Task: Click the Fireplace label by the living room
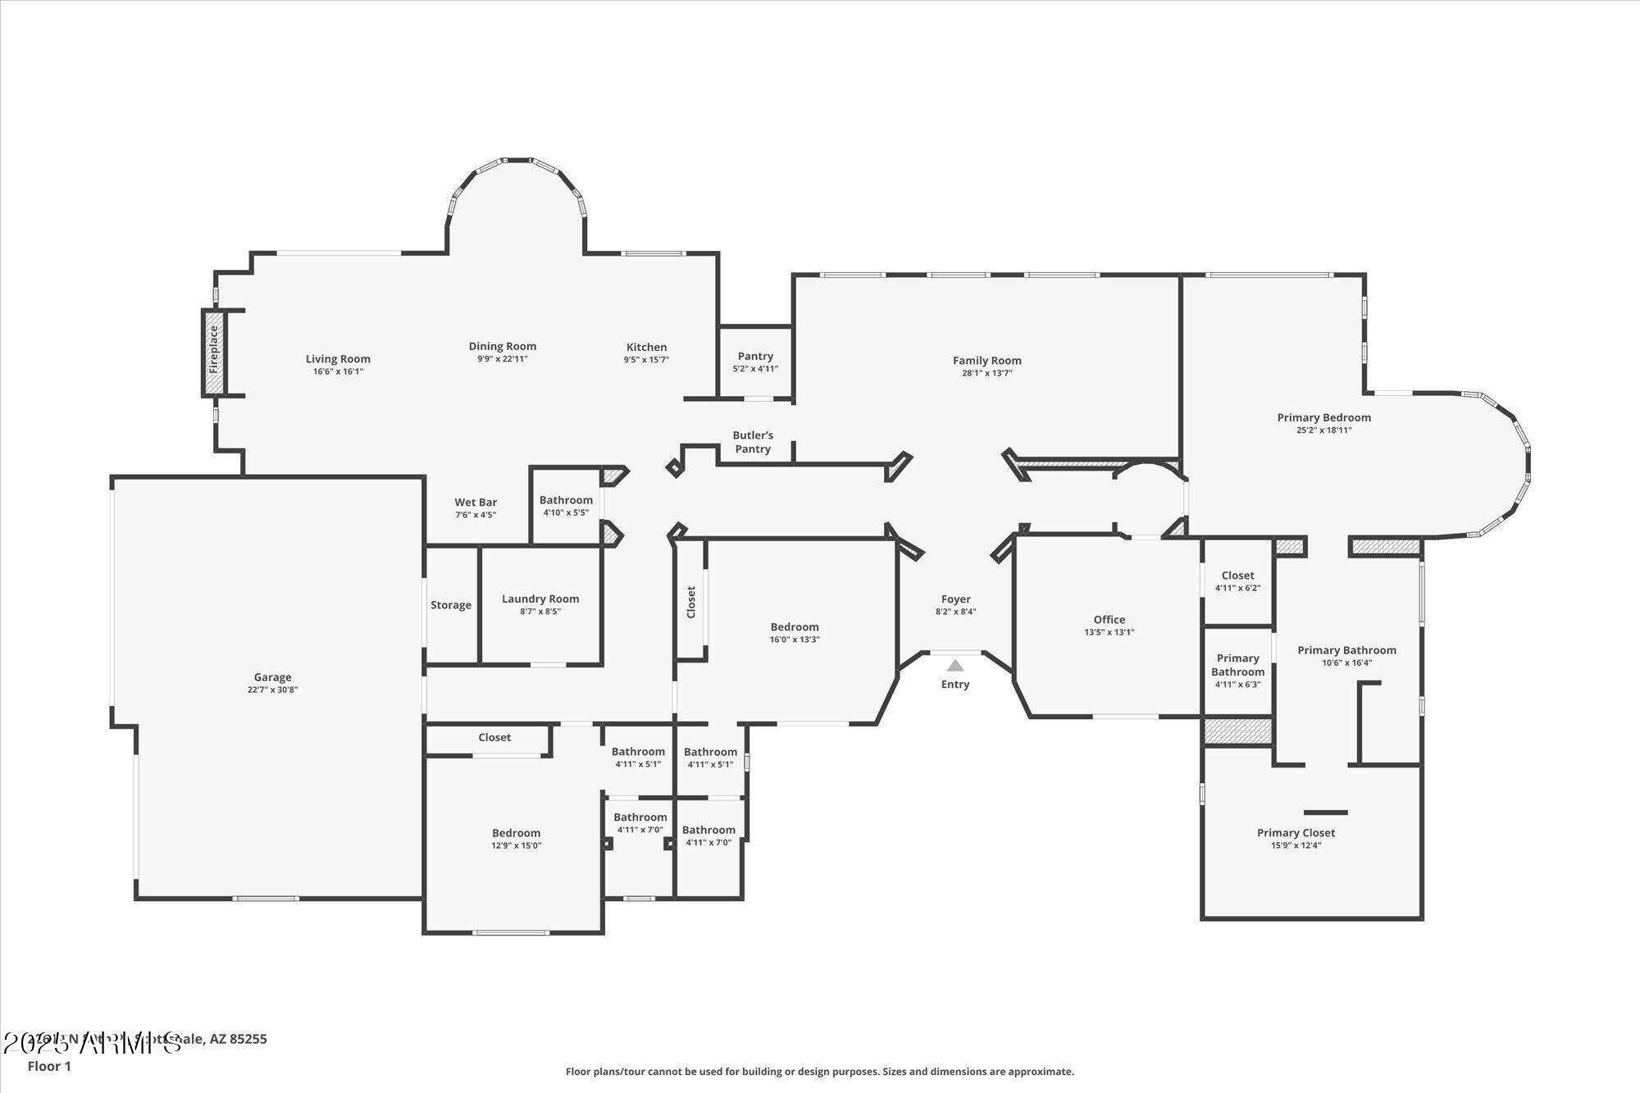click(x=214, y=350)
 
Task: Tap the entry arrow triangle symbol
click(x=955, y=666)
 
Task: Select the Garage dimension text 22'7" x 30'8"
click(x=272, y=690)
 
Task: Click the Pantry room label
click(x=755, y=356)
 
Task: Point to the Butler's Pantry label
click(x=753, y=442)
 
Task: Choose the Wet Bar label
click(x=476, y=503)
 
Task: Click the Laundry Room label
click(x=540, y=599)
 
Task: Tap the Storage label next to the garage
click(x=451, y=605)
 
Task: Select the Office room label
click(x=1109, y=620)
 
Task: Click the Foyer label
click(x=955, y=599)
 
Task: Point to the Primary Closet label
click(x=1296, y=833)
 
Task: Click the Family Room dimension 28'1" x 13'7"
click(x=986, y=373)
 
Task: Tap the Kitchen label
click(x=646, y=347)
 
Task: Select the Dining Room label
click(x=502, y=346)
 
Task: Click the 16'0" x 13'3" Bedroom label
click(x=794, y=627)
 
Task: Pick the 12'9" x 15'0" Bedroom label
click(x=516, y=833)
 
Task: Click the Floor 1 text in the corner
click(x=49, y=1067)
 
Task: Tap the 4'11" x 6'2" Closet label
click(x=1237, y=576)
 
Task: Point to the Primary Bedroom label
click(x=1323, y=417)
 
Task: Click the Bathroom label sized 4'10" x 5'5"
click(x=566, y=500)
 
